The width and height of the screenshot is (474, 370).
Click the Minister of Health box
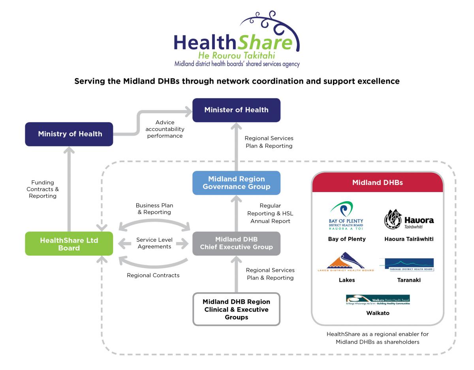(236, 110)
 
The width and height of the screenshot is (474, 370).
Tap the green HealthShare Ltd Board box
(69, 244)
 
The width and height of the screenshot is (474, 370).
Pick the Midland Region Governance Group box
(236, 183)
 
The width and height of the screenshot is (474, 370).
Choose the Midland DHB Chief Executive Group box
(236, 243)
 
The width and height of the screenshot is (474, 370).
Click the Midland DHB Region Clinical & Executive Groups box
(236, 309)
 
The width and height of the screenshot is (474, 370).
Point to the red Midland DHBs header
(377, 183)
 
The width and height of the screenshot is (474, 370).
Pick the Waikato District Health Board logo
(378, 300)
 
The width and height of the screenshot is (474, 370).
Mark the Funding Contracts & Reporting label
(43, 189)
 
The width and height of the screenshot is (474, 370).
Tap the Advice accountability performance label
(165, 129)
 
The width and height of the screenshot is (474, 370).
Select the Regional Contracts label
(153, 275)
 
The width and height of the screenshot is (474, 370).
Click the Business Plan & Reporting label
(154, 209)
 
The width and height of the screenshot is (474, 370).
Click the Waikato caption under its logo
(378, 313)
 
